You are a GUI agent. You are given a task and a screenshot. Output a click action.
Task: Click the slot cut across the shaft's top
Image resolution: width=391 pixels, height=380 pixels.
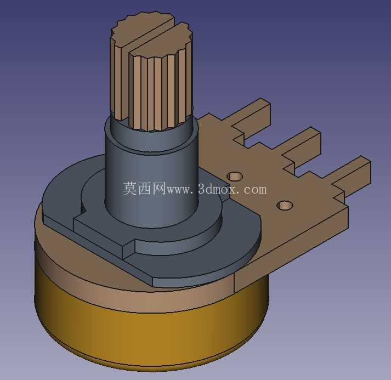[x=150, y=35]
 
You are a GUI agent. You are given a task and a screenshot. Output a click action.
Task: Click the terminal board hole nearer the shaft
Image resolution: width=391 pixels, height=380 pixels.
[x=235, y=176]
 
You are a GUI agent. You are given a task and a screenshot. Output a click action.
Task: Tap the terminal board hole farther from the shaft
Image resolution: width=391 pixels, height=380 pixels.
[x=285, y=205]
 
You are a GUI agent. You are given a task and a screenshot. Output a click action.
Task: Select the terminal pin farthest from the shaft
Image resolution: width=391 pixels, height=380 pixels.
[x=352, y=174]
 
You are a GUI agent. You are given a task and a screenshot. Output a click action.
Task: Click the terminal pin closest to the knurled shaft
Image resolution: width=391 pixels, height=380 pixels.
[x=252, y=117]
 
